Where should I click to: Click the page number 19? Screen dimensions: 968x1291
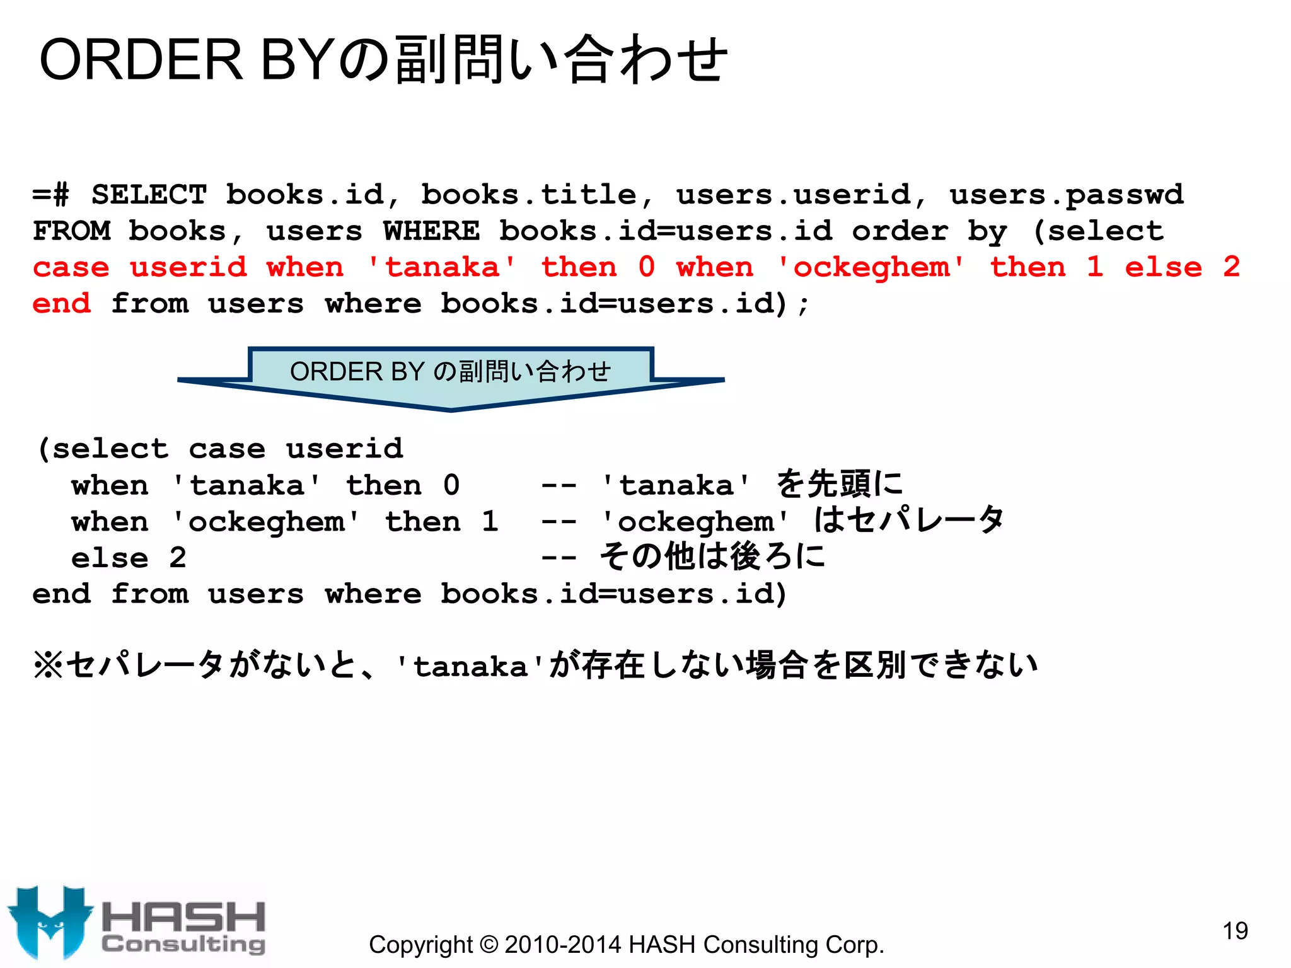click(x=1235, y=930)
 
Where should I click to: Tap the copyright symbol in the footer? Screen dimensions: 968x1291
click(x=488, y=944)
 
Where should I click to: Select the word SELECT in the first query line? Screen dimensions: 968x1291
click(x=149, y=194)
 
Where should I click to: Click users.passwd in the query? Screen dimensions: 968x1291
click(x=1067, y=195)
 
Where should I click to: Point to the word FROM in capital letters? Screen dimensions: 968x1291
click(x=72, y=231)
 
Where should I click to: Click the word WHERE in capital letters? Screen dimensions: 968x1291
click(x=431, y=231)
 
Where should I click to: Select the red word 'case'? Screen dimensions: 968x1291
click(x=71, y=267)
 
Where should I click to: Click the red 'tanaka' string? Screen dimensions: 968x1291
click(x=441, y=267)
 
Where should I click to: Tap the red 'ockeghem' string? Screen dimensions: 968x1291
click(x=871, y=267)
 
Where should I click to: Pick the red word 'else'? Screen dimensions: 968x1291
click(x=1163, y=267)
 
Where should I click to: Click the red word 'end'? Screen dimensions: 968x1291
click(x=62, y=304)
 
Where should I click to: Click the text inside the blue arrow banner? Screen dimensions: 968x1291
click(x=450, y=371)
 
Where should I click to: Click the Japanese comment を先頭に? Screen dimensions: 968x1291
click(x=839, y=484)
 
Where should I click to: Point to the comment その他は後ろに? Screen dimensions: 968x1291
click(x=712, y=557)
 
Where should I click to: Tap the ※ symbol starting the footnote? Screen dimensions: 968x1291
click(x=48, y=665)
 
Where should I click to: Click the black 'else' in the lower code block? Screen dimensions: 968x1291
click(x=110, y=558)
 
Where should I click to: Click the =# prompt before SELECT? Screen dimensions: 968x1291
click(x=51, y=194)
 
